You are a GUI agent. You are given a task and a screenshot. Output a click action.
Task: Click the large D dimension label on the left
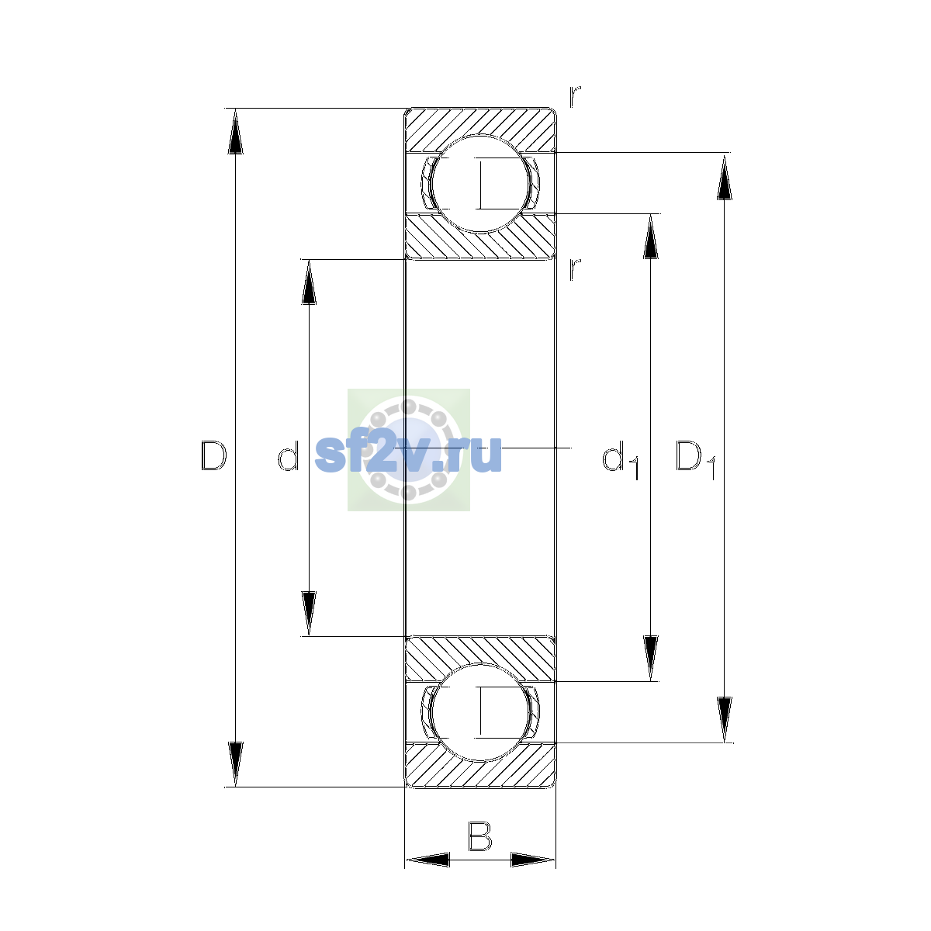click(213, 455)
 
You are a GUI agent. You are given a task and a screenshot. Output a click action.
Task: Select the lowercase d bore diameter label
click(288, 455)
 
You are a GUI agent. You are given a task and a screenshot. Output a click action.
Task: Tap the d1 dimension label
click(621, 459)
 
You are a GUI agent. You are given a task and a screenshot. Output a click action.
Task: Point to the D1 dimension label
click(694, 459)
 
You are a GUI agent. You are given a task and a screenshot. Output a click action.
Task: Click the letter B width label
click(479, 836)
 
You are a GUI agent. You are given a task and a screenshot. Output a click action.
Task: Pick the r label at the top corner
click(574, 97)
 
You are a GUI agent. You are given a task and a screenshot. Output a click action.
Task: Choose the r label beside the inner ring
click(574, 269)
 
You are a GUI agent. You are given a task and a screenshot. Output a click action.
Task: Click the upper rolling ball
click(480, 184)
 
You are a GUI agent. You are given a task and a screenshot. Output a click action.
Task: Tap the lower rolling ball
click(480, 713)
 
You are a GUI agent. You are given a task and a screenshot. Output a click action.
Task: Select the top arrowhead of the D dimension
click(235, 131)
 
